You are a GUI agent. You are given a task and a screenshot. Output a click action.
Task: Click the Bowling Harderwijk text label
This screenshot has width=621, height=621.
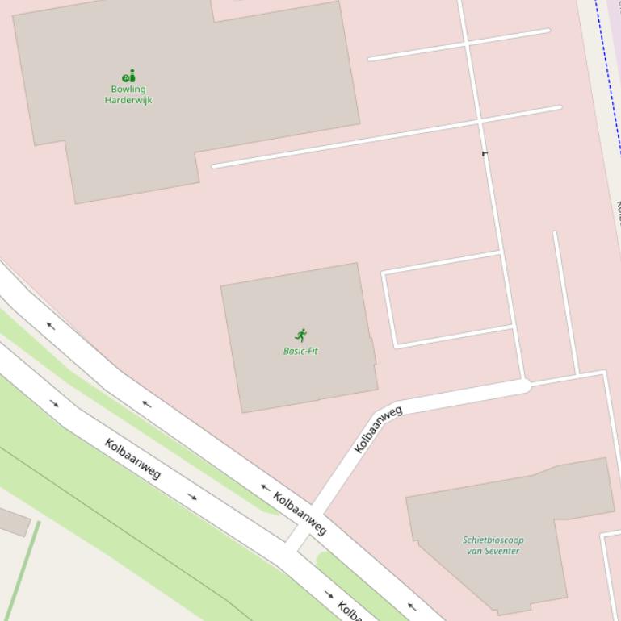[128, 94]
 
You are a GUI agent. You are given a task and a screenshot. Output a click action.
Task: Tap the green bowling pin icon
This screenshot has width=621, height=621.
[128, 77]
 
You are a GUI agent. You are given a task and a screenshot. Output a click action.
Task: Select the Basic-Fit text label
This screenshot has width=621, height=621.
[300, 351]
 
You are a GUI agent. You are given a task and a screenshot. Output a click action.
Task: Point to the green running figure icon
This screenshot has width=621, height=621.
[301, 335]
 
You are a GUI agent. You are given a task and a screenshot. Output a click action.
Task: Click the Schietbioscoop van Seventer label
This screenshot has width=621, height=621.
[493, 545]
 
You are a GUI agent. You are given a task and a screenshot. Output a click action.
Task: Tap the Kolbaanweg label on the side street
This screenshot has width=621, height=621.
[378, 429]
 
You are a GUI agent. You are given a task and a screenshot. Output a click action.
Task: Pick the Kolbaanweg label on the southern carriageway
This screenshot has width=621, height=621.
[132, 458]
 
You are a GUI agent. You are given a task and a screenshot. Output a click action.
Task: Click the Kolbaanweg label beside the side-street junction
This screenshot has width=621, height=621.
[300, 513]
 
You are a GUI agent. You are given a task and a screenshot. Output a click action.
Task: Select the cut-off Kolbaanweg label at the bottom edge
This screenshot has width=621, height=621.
[348, 610]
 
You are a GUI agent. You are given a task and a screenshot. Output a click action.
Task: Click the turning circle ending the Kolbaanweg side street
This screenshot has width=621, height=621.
[523, 386]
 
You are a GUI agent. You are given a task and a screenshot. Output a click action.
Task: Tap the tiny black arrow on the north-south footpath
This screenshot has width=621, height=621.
[485, 152]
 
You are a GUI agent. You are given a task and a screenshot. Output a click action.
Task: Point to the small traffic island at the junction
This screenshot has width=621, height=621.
[310, 549]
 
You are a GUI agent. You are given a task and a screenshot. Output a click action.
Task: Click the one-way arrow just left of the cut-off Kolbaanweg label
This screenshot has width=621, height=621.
[329, 594]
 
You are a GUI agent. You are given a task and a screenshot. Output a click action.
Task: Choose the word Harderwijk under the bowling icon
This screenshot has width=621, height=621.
[128, 100]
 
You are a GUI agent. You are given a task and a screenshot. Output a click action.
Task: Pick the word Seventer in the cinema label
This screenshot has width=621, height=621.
[504, 551]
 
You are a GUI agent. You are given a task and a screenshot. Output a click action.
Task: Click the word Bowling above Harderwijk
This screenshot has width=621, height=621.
[128, 89]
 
